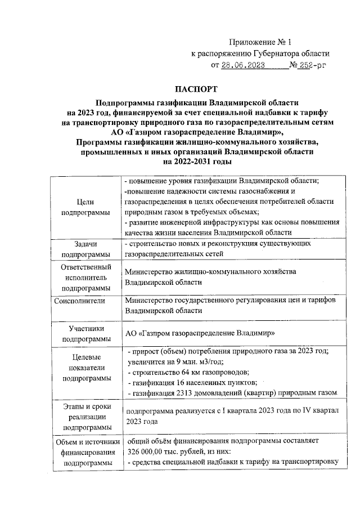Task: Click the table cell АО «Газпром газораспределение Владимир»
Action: coord(200,333)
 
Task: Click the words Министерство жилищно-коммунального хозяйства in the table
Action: coord(210,272)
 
